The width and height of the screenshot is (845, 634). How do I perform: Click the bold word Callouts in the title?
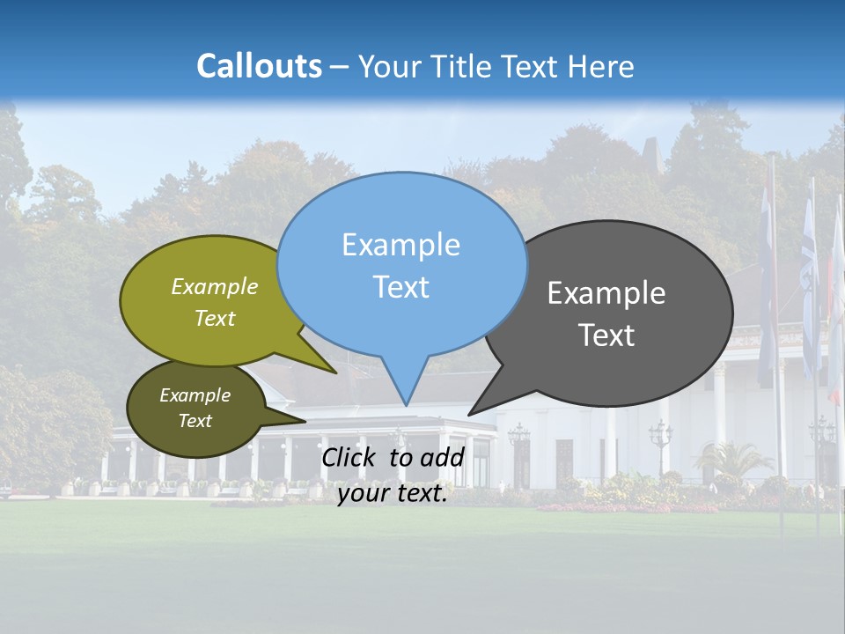[259, 66]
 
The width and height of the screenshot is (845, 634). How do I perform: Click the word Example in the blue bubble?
[400, 245]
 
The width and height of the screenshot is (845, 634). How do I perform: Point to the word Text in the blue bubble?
[400, 287]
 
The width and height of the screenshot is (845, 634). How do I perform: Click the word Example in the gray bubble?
[606, 293]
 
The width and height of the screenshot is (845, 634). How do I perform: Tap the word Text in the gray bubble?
[606, 335]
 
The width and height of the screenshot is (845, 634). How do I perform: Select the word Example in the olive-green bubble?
[215, 286]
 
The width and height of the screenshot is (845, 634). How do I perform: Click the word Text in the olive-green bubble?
[215, 318]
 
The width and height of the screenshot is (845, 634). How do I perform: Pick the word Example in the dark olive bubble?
[195, 395]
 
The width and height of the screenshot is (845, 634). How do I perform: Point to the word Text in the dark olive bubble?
[195, 421]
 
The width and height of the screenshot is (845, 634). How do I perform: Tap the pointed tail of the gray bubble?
[471, 412]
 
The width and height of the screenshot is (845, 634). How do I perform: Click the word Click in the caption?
[350, 457]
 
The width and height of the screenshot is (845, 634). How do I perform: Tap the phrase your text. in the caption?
[393, 494]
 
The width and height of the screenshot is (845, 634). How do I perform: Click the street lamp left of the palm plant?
[660, 440]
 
